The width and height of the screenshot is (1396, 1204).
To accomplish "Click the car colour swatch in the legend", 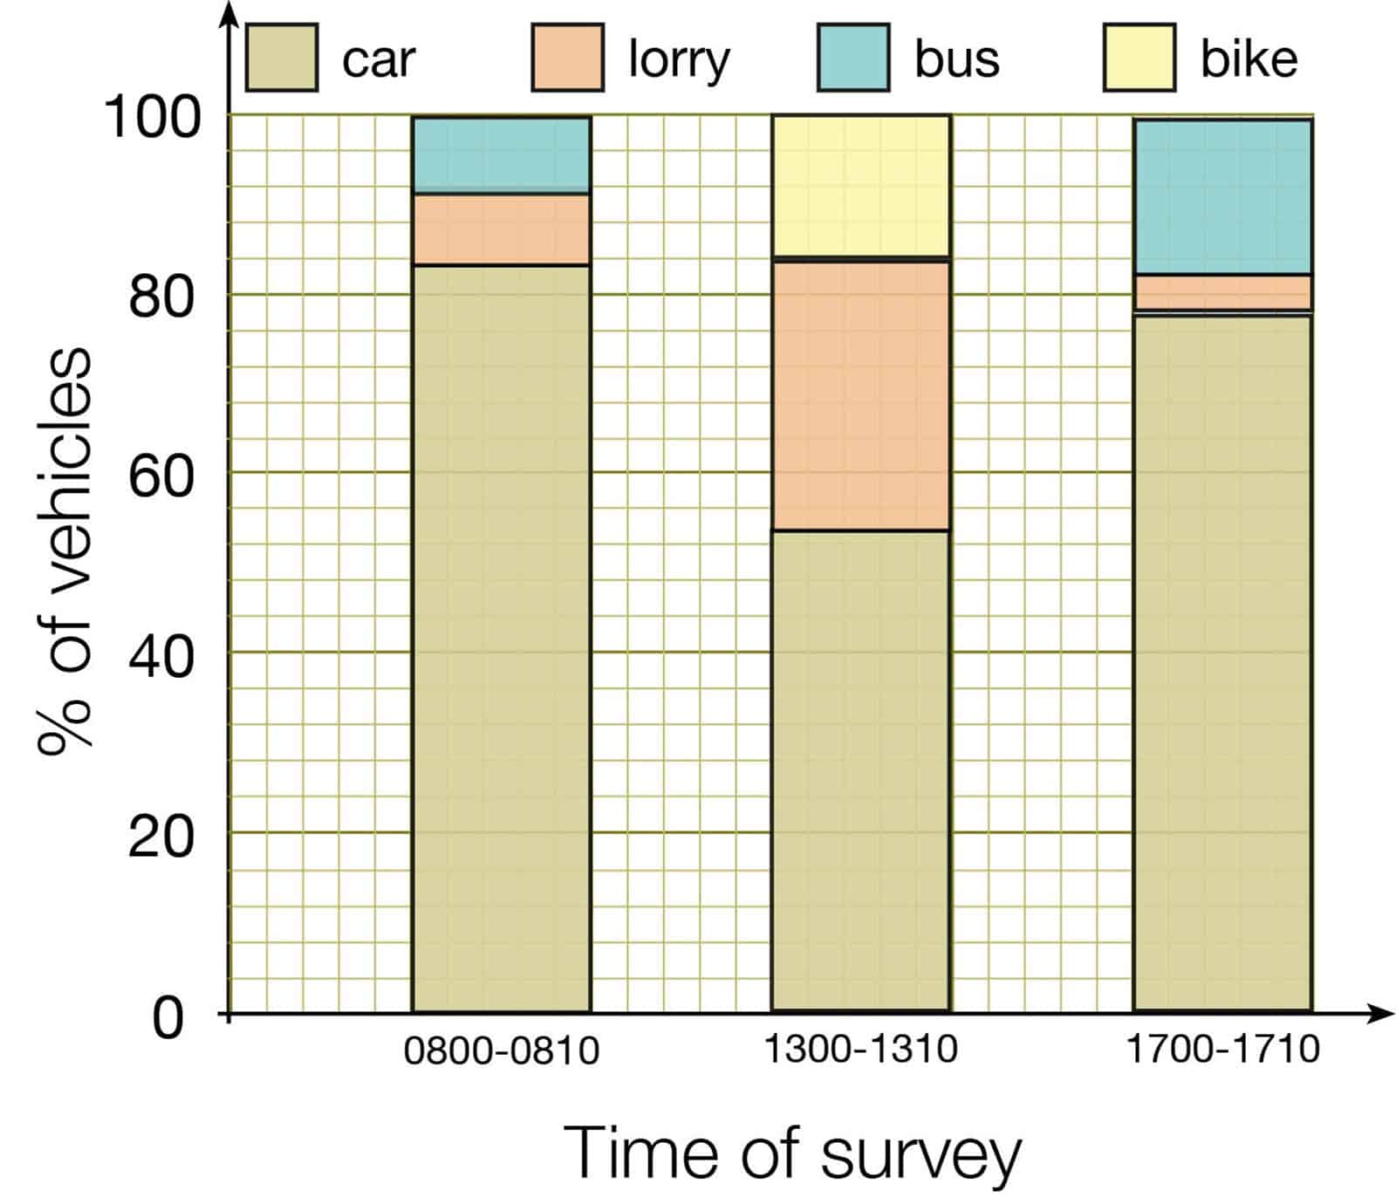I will [281, 58].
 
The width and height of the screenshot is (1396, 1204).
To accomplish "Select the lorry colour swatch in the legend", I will [567, 58].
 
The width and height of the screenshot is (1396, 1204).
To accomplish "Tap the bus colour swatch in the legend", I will [853, 58].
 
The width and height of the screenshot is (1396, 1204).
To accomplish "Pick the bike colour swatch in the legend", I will [1139, 58].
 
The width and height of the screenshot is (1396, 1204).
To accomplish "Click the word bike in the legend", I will [1249, 59].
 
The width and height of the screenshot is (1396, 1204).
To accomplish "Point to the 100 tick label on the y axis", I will [153, 117].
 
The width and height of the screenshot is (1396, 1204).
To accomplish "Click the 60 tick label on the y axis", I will [161, 476].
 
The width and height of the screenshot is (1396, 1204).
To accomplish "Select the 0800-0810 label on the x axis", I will [501, 1050].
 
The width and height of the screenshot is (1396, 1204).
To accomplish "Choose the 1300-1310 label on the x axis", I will [860, 1048].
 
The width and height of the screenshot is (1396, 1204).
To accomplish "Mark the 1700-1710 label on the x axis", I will [1222, 1048].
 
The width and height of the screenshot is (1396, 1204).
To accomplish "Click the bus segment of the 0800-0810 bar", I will [501, 154].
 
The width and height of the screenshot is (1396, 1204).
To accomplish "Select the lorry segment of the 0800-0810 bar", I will [501, 229].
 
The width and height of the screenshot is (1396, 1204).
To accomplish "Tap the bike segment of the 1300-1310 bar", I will [860, 186].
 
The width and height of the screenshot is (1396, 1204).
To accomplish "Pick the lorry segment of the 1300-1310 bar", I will [860, 394].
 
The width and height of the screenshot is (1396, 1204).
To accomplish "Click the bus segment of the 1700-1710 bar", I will [1222, 196].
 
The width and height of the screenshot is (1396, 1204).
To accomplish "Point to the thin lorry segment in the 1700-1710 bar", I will [1222, 292].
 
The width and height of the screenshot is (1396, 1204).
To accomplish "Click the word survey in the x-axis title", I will [920, 1154].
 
